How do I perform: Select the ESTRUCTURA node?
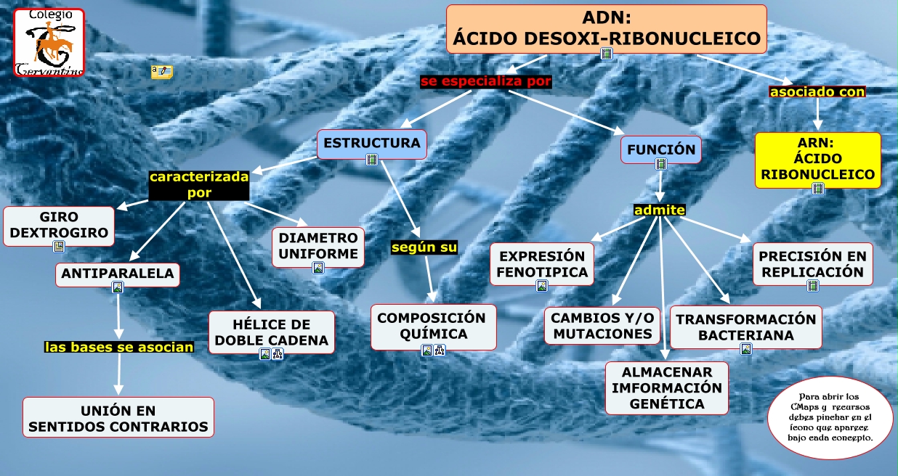point(371,143)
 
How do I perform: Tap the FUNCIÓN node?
point(660,150)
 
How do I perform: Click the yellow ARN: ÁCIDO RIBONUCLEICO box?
point(817,158)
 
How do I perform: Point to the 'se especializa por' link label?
point(486,81)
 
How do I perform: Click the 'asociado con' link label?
point(817,92)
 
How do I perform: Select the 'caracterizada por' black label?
point(199,184)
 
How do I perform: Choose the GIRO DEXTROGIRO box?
point(59,225)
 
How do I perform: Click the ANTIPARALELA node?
point(118,274)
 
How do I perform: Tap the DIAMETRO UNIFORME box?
point(318,246)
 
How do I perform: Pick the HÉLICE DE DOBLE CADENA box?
point(271,332)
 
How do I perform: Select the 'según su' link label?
point(424,247)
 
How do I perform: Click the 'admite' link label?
point(659,210)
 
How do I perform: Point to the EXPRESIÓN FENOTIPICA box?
point(541,264)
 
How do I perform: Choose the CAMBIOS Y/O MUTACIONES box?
point(602,325)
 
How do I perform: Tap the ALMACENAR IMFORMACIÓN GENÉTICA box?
point(666,387)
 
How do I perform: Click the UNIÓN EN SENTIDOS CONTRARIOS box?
point(118,417)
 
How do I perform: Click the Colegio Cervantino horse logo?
point(49,42)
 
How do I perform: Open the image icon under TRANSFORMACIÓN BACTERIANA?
point(745,349)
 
